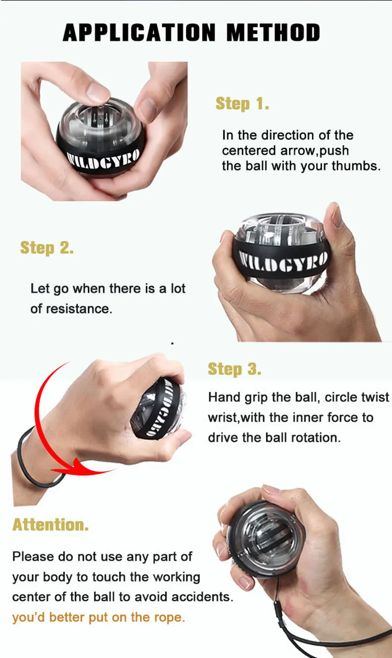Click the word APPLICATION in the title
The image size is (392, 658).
click(x=139, y=32)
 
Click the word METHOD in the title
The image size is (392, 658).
click(x=273, y=32)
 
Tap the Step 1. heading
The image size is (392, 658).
click(x=242, y=104)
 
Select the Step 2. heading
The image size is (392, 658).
click(x=47, y=247)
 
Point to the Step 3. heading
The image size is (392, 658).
click(x=234, y=369)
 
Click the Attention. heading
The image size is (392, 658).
click(x=50, y=524)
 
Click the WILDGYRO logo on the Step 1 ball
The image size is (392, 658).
click(x=103, y=159)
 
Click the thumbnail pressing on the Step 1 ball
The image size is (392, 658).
click(x=98, y=91)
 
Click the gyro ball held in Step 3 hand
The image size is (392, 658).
click(x=159, y=408)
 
